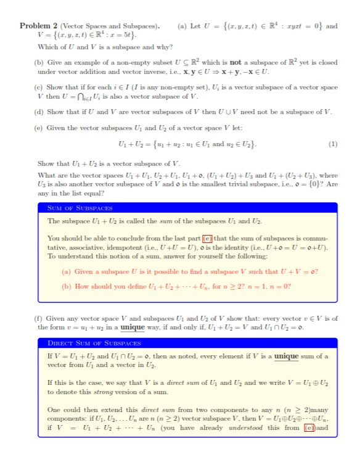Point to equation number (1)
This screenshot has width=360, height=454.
(333, 145)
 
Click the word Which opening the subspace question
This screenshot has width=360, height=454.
(47, 47)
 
